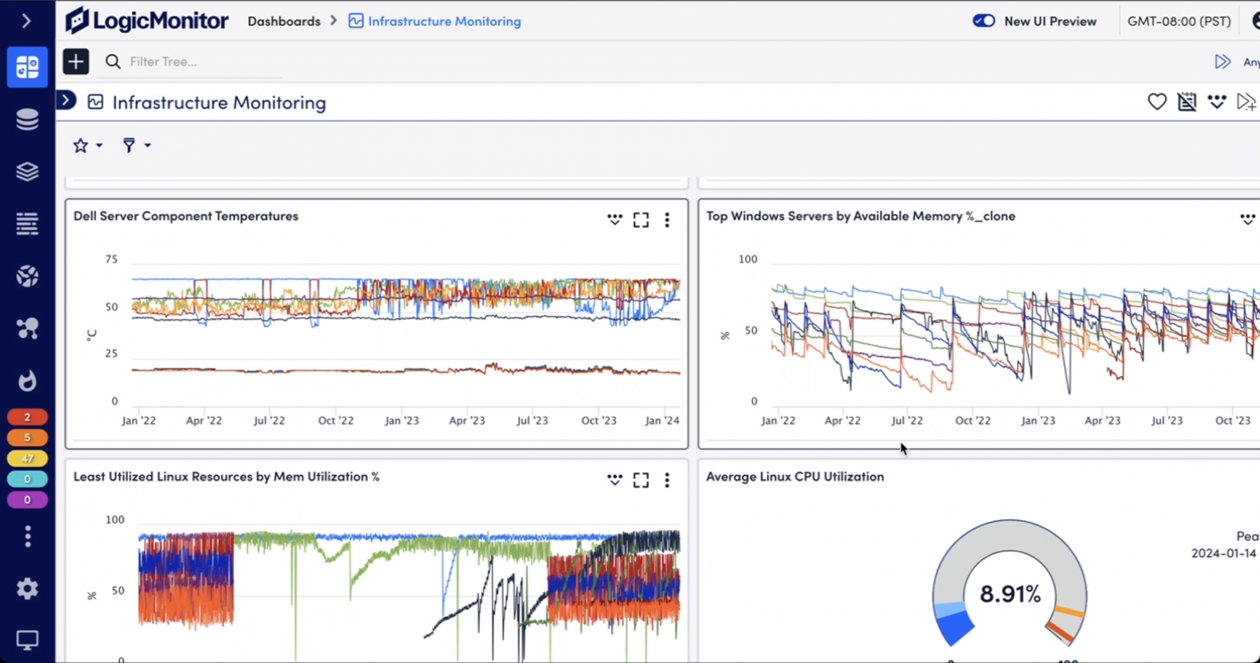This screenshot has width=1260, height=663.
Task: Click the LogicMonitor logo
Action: coord(147,21)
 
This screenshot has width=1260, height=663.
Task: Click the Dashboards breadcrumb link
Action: coord(284,21)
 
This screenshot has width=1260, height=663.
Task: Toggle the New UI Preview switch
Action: coord(984,21)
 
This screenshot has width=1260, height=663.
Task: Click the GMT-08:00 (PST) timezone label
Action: coord(1179,21)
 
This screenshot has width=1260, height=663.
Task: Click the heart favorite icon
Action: coord(1157,102)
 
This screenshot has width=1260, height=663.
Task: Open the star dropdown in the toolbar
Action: coord(87,145)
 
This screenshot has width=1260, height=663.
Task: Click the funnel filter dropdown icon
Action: coord(135,145)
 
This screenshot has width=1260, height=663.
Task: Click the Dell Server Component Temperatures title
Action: coord(185,216)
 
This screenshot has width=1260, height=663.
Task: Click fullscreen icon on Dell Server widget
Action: coord(641,220)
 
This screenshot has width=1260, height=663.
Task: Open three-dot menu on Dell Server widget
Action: coord(667,220)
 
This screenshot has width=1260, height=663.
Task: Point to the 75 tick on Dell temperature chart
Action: coord(111,259)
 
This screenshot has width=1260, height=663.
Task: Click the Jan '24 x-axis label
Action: coord(662,420)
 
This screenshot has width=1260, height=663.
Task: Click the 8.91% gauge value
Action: coord(1010,593)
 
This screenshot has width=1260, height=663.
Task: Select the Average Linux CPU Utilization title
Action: coord(795,476)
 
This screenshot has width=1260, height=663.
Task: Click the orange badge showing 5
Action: coord(27,438)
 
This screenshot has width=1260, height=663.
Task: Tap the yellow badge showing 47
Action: coord(27,459)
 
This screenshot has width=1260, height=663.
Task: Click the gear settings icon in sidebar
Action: coord(27,588)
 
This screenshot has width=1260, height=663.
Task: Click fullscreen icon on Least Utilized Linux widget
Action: coord(641,480)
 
